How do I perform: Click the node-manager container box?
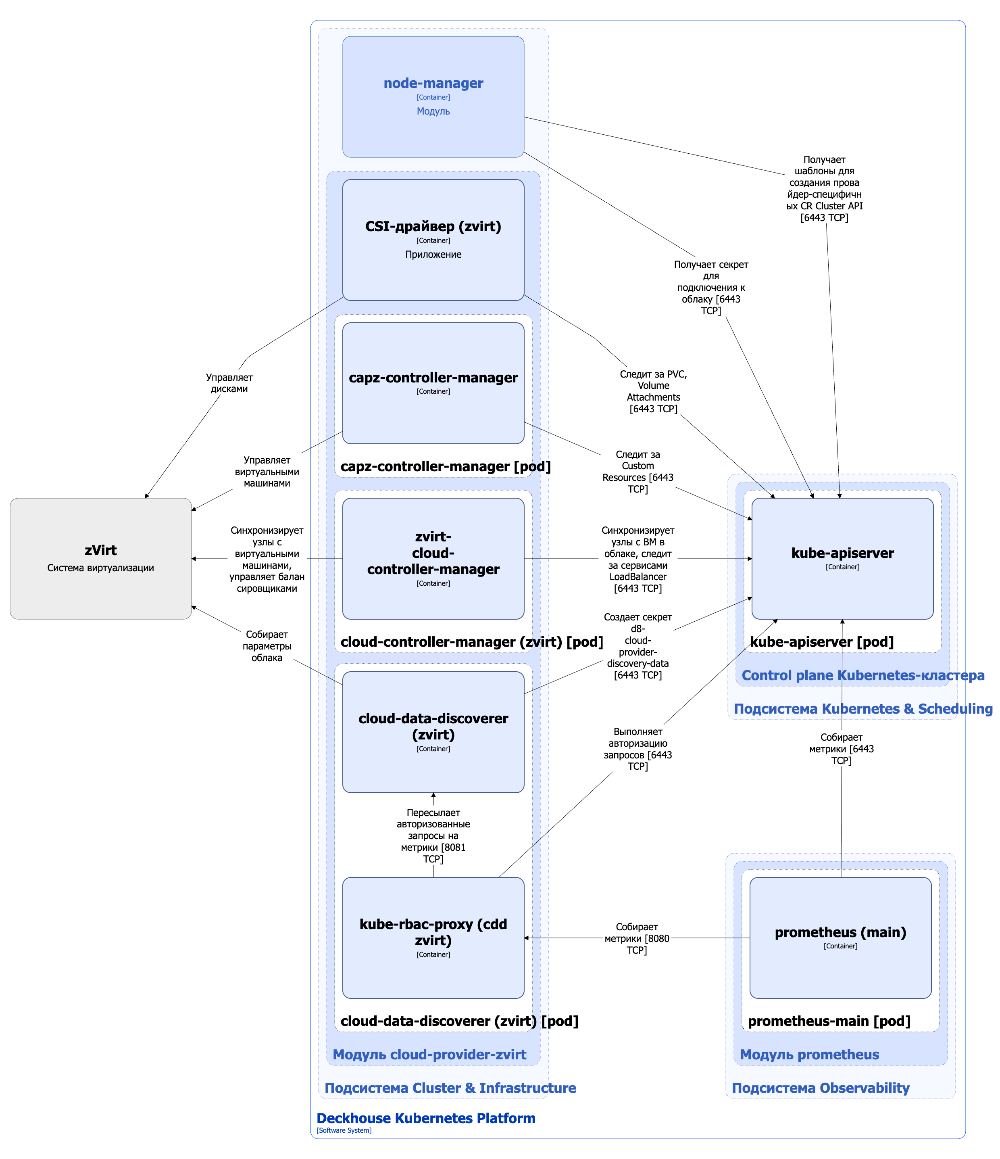tap(433, 97)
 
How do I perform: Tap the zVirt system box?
tap(101, 558)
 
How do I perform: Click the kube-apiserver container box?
tap(842, 558)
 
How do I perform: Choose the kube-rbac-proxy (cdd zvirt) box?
tap(433, 938)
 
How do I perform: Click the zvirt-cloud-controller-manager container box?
tap(433, 558)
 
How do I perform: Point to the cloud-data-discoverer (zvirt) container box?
tap(433, 732)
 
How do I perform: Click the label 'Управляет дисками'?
tap(229, 383)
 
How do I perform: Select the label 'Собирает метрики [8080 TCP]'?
tap(636, 938)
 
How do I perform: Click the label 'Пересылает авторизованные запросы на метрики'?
tap(433, 835)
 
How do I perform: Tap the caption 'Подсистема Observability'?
tap(820, 1088)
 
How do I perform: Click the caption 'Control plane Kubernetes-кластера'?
tap(862, 675)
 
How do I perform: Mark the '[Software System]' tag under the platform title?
tap(344, 1130)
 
